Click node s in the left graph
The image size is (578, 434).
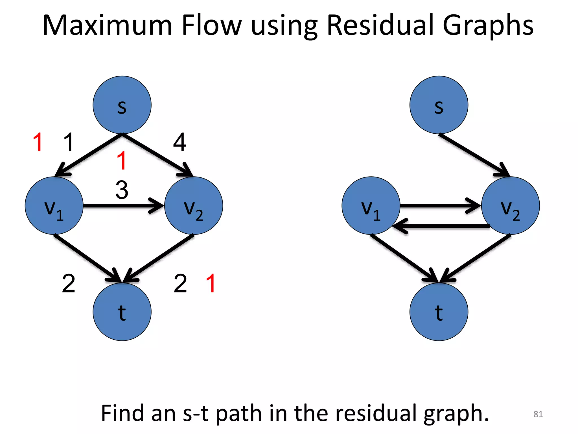tap(122, 105)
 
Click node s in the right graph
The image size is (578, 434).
tap(439, 105)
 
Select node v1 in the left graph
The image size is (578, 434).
tap(54, 206)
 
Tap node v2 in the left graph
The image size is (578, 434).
tap(194, 206)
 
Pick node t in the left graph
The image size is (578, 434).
tap(122, 312)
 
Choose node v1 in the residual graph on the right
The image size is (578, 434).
tap(371, 206)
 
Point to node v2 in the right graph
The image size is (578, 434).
tap(510, 206)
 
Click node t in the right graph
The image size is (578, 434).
tap(439, 312)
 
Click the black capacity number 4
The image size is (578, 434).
tap(180, 142)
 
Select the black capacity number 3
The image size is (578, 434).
tap(122, 190)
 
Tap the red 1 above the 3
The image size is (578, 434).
tap(122, 160)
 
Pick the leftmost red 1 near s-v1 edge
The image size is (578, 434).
tap(38, 142)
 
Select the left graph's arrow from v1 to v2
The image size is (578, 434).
tap(123, 206)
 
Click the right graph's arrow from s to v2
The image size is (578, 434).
tap(474, 155)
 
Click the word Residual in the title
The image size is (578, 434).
tap(380, 25)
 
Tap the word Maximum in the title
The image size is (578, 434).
tap(107, 25)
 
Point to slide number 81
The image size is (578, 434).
tap(538, 414)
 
